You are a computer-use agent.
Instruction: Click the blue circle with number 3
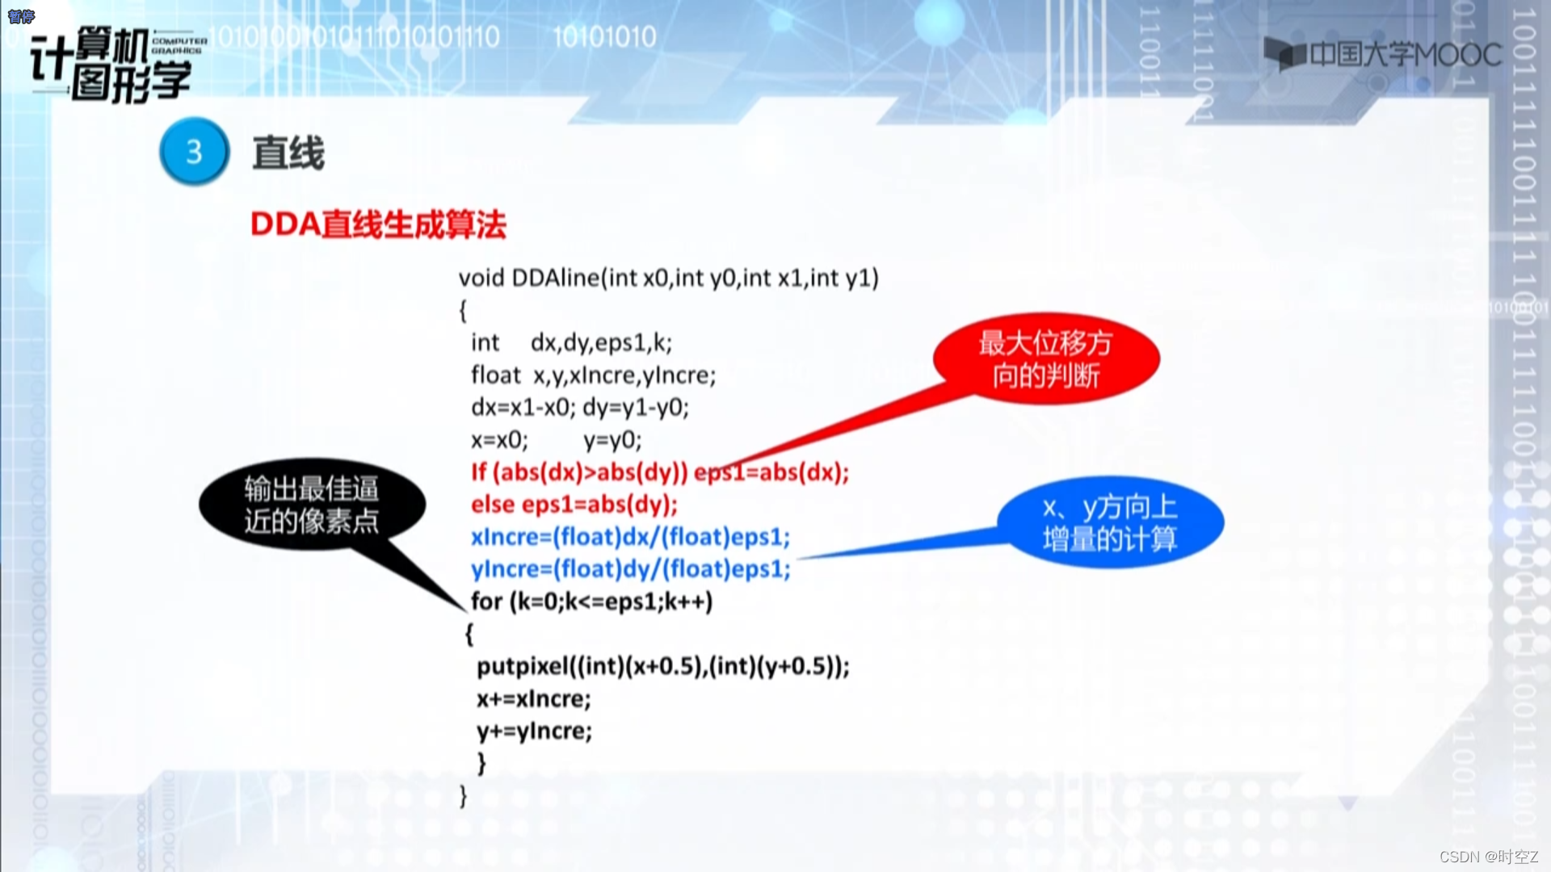pyautogui.click(x=194, y=152)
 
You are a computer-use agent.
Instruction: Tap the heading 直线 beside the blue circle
pyautogui.click(x=288, y=153)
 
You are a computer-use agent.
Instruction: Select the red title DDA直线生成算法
pyautogui.click(x=378, y=224)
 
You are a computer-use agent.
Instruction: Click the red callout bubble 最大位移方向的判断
pyautogui.click(x=1046, y=358)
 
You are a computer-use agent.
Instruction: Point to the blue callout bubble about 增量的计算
pyautogui.click(x=1110, y=522)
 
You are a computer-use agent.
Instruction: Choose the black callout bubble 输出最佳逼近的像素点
pyautogui.click(x=312, y=505)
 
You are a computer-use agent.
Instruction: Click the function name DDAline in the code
pyautogui.click(x=555, y=278)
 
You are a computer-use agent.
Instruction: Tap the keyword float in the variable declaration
pyautogui.click(x=496, y=375)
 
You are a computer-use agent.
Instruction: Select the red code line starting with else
pyautogui.click(x=574, y=505)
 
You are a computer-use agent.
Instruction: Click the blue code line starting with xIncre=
pyautogui.click(x=630, y=537)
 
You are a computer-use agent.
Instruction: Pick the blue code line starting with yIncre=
pyautogui.click(x=630, y=569)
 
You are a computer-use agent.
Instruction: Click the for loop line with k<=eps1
pyautogui.click(x=591, y=602)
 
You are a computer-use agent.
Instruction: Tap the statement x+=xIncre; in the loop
pyautogui.click(x=533, y=699)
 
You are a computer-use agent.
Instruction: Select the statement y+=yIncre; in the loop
pyautogui.click(x=533, y=732)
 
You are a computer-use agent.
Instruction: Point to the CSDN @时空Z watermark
pyautogui.click(x=1488, y=857)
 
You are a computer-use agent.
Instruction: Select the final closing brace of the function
pyautogui.click(x=464, y=796)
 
